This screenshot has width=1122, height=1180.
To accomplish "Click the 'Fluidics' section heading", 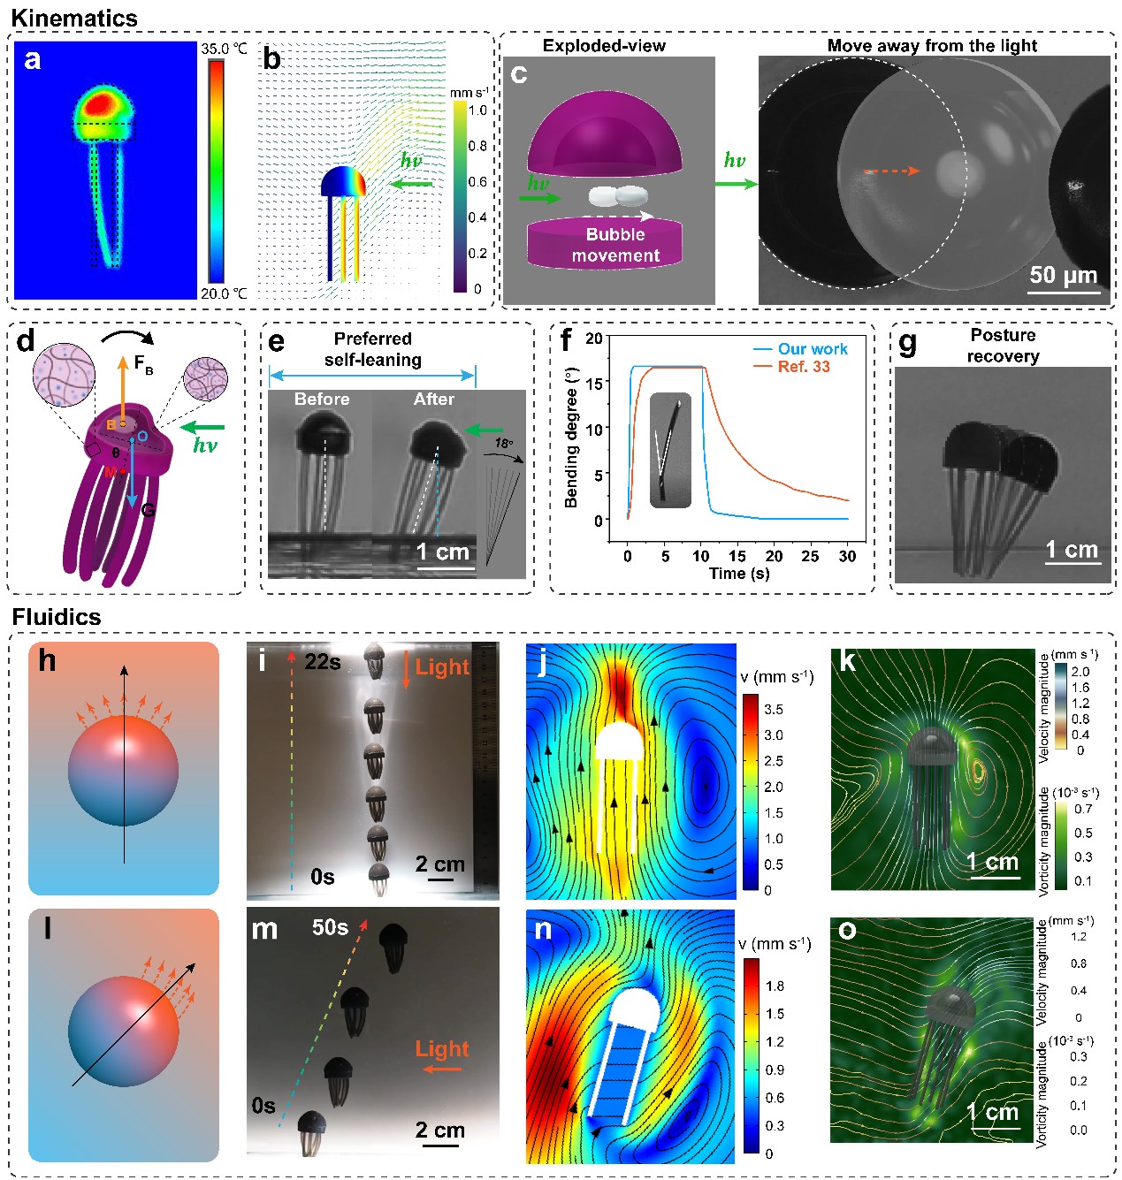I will [57, 616].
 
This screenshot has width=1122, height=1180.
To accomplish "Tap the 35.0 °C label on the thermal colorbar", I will [224, 49].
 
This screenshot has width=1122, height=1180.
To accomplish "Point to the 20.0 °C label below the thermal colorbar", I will [224, 293].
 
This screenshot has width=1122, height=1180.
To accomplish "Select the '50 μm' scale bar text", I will [1063, 275].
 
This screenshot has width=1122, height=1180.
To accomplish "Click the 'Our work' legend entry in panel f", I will [813, 349].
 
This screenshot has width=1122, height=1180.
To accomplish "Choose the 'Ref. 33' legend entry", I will [804, 367].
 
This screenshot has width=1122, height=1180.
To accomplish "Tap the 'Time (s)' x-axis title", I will [739, 574].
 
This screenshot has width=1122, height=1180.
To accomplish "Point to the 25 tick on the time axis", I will [810, 556].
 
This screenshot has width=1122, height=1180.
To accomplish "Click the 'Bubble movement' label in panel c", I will [615, 245].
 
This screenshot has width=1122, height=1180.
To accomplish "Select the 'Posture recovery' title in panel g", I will [1003, 346].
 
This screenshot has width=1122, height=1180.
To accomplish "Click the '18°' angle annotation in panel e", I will [503, 443].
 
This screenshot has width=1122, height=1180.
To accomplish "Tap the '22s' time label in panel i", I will [323, 662].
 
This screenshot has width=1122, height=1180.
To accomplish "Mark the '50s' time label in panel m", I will [330, 927].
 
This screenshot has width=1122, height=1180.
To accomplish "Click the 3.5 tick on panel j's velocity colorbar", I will [773, 709].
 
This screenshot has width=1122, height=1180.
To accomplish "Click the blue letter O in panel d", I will [141, 437].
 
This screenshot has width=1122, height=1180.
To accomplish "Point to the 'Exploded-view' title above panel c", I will [604, 46].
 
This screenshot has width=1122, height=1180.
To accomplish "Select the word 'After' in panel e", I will [434, 400].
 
